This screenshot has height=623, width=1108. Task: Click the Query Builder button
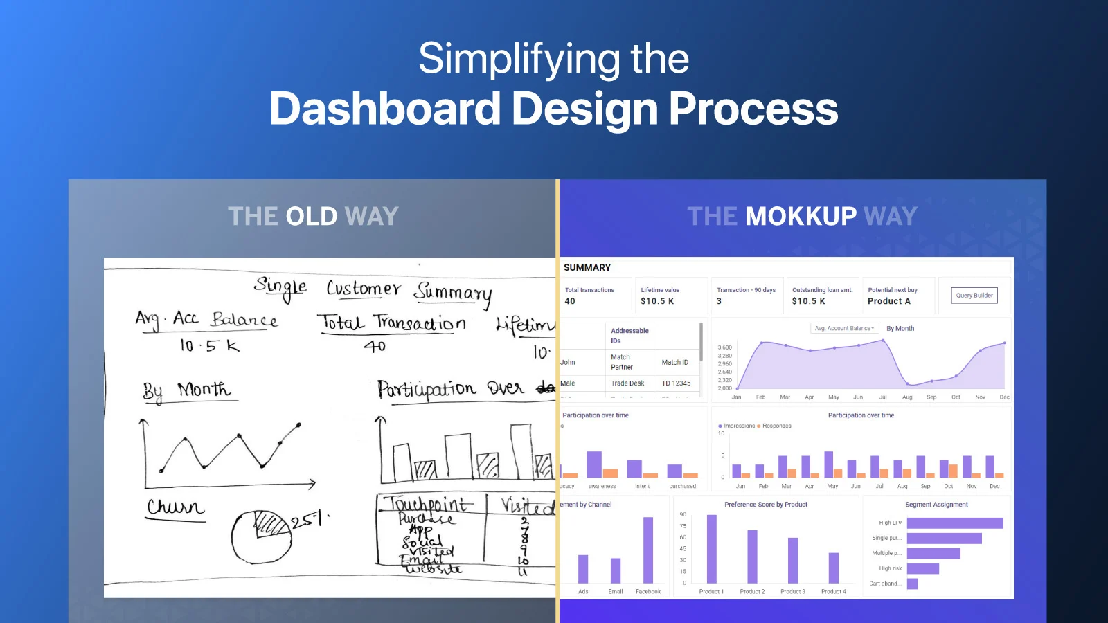coord(974,296)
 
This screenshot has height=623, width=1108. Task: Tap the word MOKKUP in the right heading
coord(801,217)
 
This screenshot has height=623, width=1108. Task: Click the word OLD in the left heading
coord(312,217)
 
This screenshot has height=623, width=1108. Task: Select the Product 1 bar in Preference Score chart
coord(711,549)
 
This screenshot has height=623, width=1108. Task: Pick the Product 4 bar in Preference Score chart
coord(833,568)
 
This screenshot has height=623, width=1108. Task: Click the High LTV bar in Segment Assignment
coord(954,523)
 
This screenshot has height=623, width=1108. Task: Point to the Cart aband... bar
coord(912,584)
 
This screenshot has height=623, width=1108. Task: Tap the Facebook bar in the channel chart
coord(648,550)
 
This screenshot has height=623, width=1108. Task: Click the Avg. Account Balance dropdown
coord(844,328)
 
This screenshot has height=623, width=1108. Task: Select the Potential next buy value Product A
coord(888,301)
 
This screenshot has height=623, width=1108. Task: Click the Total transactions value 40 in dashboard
coord(570,301)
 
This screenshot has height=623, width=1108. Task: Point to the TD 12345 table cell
coord(676,383)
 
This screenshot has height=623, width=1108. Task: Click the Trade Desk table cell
coord(627,383)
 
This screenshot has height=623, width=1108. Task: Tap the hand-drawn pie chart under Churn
coord(261,537)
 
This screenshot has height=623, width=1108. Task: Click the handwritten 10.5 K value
coord(209,345)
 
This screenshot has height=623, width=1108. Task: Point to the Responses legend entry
coord(776,426)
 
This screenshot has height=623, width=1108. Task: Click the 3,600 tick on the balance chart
coord(724,347)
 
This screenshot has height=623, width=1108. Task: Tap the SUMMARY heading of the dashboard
coord(587,267)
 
